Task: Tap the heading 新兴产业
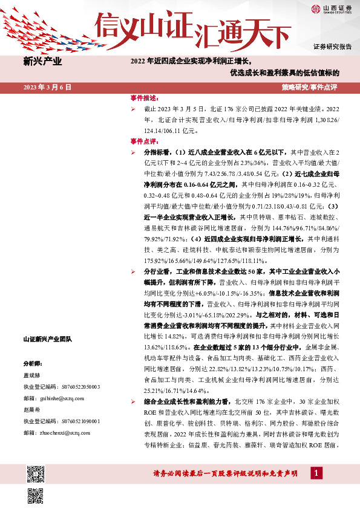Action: [x=42, y=61]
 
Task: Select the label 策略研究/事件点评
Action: [x=309, y=87]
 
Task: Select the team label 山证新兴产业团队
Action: [x=47, y=339]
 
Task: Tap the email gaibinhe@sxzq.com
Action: [x=62, y=398]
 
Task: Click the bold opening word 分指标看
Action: [x=159, y=153]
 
